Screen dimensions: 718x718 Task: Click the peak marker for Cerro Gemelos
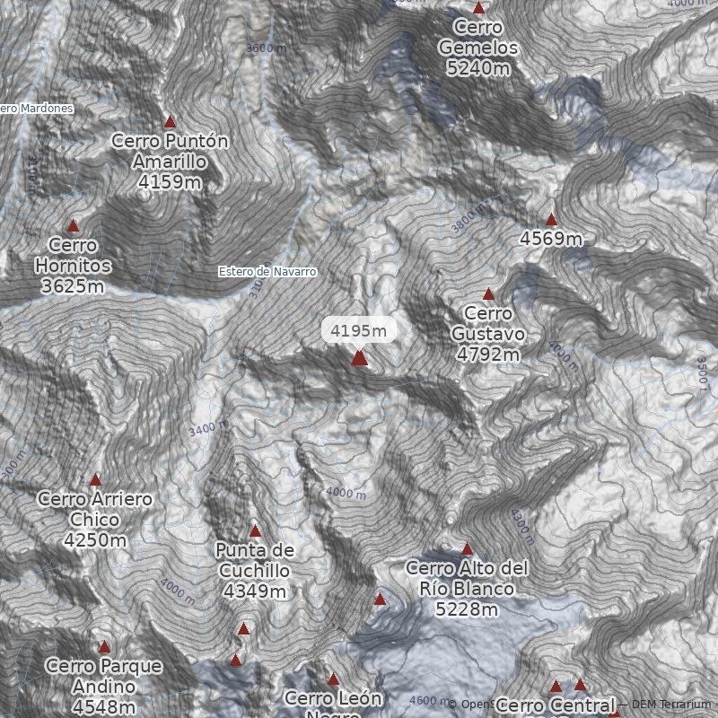tap(479, 8)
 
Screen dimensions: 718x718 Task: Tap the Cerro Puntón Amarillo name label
tap(170, 151)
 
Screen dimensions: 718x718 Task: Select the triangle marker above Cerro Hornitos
tap(74, 226)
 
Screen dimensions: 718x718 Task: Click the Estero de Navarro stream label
tap(268, 271)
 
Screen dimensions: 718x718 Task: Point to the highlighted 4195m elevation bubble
tap(359, 330)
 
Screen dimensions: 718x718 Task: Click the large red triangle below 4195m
tap(359, 358)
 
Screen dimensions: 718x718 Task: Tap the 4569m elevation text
tap(551, 239)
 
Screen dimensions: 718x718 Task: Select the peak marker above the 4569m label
tap(551, 220)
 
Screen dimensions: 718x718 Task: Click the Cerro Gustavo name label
tap(488, 323)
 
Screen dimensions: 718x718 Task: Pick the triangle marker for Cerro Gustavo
tap(488, 294)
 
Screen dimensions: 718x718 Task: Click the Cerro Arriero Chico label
tap(95, 509)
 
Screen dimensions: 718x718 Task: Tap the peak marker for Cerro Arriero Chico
tap(95, 480)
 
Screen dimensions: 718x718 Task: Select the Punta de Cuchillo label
tap(255, 559)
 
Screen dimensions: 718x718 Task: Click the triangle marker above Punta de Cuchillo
tap(255, 531)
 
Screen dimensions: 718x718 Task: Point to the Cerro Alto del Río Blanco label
tap(467, 578)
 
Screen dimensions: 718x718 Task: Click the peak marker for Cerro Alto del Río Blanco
tap(467, 548)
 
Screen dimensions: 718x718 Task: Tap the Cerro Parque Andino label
tap(104, 676)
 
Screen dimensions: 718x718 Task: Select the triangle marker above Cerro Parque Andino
tap(104, 647)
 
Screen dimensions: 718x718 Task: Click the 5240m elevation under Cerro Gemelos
tap(478, 68)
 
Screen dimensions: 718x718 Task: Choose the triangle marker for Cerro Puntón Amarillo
tap(170, 121)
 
